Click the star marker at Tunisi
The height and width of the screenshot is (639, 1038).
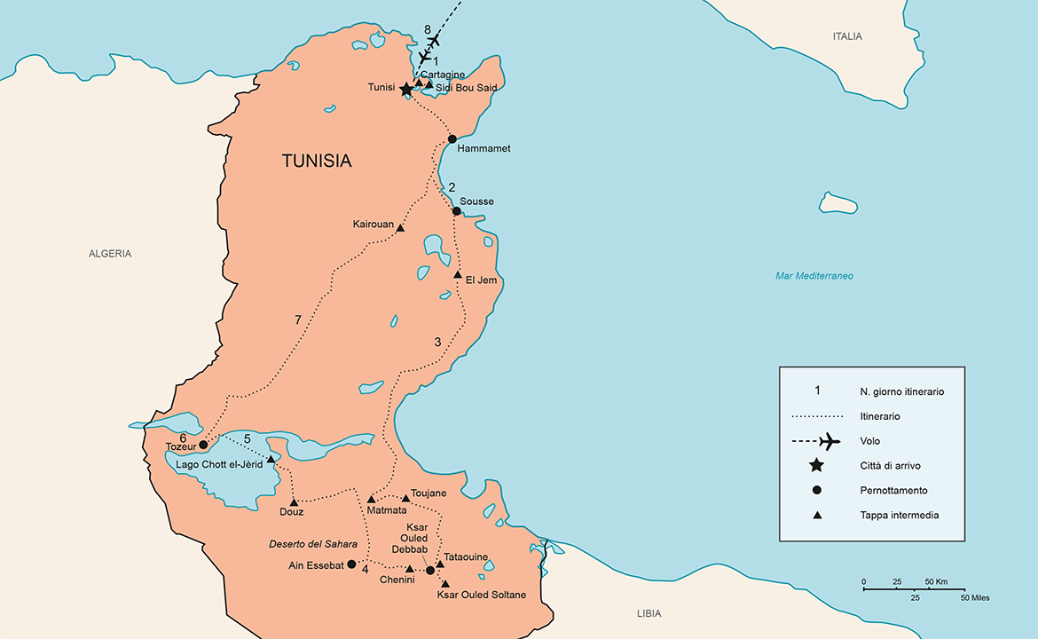[406, 89]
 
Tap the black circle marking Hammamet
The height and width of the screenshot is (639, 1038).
[452, 139]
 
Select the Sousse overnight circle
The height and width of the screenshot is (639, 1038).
[456, 211]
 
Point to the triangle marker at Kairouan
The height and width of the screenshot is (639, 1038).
[400, 229]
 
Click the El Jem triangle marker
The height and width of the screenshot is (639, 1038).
[458, 275]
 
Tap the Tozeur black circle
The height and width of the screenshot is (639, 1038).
[203, 445]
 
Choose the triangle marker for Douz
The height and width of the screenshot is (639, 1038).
[294, 502]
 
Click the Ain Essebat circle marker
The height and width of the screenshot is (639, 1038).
[351, 564]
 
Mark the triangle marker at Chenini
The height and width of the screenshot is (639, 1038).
[409, 569]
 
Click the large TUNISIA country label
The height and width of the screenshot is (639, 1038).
[317, 162]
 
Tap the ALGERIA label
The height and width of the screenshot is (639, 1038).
[110, 254]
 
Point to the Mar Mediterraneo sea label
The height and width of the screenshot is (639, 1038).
[814, 276]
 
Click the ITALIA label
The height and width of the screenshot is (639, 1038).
[847, 36]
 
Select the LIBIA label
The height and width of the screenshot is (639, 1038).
[649, 614]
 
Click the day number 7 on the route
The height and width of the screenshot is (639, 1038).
[298, 319]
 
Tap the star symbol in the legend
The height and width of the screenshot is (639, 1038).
[817, 465]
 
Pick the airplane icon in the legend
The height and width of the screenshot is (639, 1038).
[829, 440]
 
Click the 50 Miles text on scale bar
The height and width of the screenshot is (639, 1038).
[973, 597]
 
